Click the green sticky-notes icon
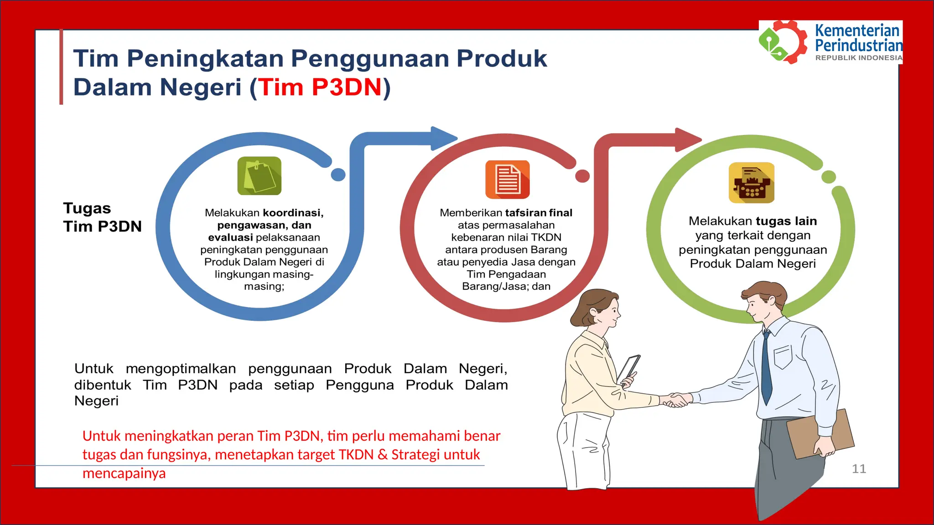[259, 176]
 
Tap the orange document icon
[507, 180]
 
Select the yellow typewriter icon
[752, 183]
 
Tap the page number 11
[859, 468]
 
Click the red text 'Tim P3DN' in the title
[320, 87]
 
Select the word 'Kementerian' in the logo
[856, 31]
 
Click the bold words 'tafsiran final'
[539, 213]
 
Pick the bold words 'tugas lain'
[786, 221]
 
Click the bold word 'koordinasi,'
[293, 213]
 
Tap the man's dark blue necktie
[767, 369]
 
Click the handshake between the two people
[675, 400]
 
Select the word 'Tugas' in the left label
[87, 208]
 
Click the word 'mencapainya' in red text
[124, 473]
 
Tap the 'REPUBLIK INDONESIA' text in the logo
[858, 58]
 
